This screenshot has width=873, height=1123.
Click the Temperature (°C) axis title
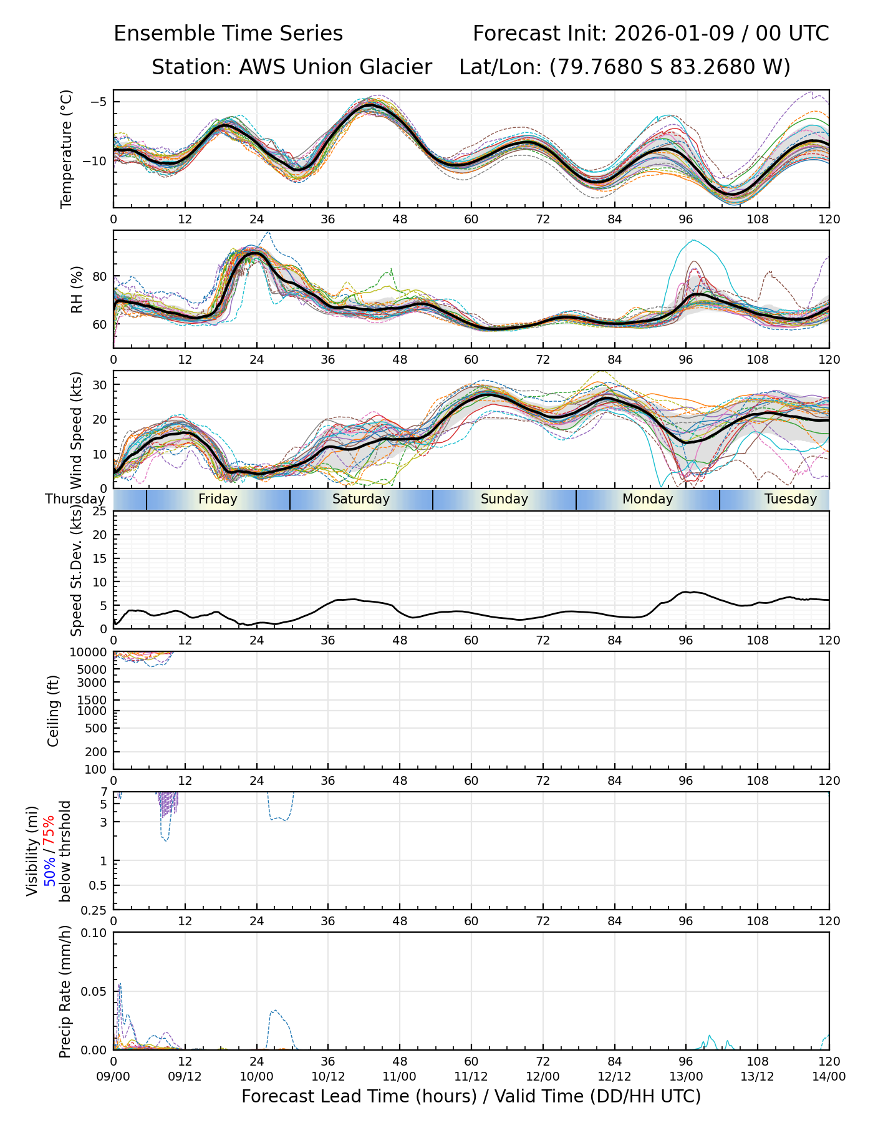(67, 148)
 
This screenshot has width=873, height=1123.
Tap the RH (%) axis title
(77, 289)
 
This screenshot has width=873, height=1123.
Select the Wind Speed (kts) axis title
(77, 430)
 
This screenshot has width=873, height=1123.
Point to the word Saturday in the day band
(360, 499)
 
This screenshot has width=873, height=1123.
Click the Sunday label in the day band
(504, 499)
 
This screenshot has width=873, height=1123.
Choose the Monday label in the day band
(647, 499)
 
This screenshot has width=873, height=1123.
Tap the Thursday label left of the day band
(75, 499)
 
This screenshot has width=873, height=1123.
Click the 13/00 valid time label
(686, 1076)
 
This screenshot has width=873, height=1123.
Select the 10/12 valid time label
(328, 1076)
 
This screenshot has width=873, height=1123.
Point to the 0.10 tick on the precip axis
(95, 933)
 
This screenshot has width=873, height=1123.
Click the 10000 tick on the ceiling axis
(92, 653)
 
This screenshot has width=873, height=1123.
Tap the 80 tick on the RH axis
(100, 276)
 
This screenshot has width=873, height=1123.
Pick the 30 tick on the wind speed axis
(100, 385)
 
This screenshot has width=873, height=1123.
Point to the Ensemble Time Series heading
(228, 34)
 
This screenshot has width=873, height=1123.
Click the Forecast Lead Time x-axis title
(471, 1096)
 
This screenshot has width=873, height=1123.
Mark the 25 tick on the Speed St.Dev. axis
(100, 512)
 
